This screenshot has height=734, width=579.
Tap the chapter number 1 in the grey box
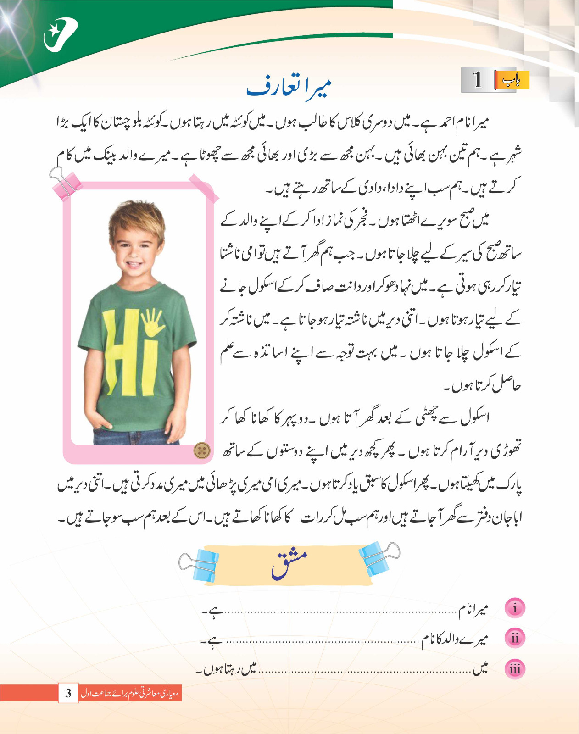[x=478, y=80]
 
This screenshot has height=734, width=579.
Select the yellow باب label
[x=511, y=80]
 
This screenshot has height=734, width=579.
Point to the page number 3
[x=68, y=692]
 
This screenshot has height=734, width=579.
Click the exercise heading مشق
[x=289, y=564]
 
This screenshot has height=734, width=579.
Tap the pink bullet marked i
[x=515, y=608]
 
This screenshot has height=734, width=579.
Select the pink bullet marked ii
[x=515, y=639]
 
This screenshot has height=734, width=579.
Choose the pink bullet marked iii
[x=515, y=669]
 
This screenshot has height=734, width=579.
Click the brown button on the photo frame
[x=201, y=450]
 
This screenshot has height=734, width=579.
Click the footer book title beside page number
[x=130, y=693]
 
